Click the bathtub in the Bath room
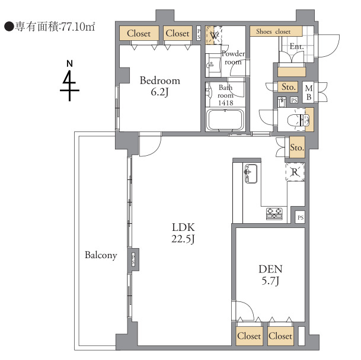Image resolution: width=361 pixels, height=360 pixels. pos(225,120)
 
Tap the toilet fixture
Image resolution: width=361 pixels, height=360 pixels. pos(298,120)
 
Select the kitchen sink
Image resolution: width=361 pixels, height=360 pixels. pos(251,173)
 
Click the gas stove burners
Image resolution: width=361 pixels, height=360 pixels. pos(274,214)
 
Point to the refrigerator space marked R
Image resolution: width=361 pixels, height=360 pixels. pos(295,172)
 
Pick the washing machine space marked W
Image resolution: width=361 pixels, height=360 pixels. pos(213,35)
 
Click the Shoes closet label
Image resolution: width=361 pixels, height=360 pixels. pos(273,31)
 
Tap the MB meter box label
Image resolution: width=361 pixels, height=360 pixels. pos(309,92)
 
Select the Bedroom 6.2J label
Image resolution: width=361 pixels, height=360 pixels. pos(160,86)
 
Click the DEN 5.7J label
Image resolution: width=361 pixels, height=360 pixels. pos(270,275)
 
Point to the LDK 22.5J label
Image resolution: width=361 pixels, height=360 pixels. pos(183,233)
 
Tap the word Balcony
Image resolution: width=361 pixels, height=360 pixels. pos(101,255)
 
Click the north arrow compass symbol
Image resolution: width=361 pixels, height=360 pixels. pos(69,81)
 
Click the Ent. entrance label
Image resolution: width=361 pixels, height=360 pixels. pos(297,46)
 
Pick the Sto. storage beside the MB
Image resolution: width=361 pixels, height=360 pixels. pos(288,86)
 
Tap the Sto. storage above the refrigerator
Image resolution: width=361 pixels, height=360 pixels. pos(297,147)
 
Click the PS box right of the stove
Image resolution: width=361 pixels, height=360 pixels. pos(301,217)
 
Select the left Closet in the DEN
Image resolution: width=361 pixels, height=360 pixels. pos(249,336)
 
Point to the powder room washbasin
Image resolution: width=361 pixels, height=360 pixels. pos(212,65)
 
